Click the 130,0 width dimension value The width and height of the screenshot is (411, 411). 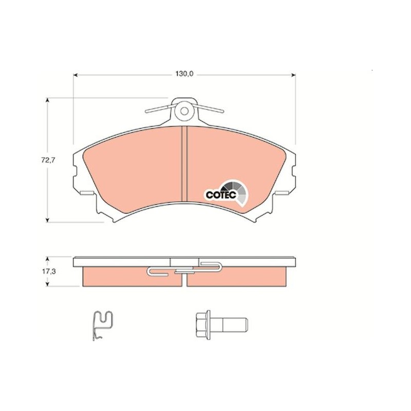pos(184,74)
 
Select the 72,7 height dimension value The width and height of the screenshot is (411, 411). pos(48,160)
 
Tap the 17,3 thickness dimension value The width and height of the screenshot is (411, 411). pos(49,272)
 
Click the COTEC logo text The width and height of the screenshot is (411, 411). pos(221,195)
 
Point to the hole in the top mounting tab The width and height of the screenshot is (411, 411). pos(184,111)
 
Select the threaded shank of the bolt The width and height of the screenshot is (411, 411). pos(229,325)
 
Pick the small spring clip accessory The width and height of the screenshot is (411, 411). pos(103,326)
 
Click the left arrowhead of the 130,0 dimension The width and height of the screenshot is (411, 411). pos(76,75)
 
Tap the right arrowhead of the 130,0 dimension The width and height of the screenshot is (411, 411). pos(293,75)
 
